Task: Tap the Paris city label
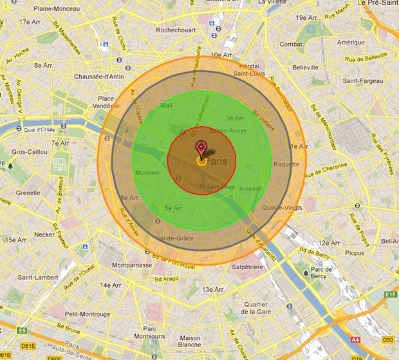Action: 217,160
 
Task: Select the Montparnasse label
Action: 131,265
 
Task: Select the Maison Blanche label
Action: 190,342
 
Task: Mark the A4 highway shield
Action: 355,337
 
